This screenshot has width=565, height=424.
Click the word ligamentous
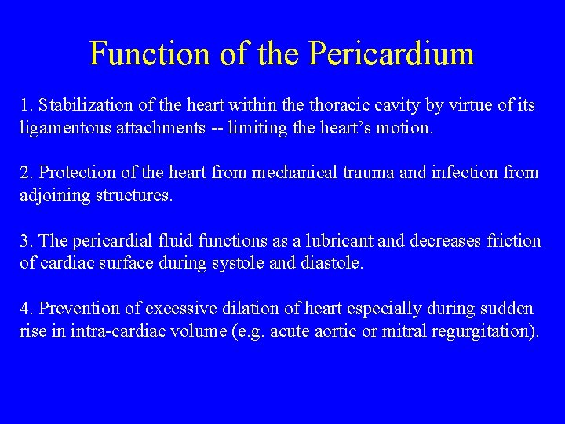point(65,127)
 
